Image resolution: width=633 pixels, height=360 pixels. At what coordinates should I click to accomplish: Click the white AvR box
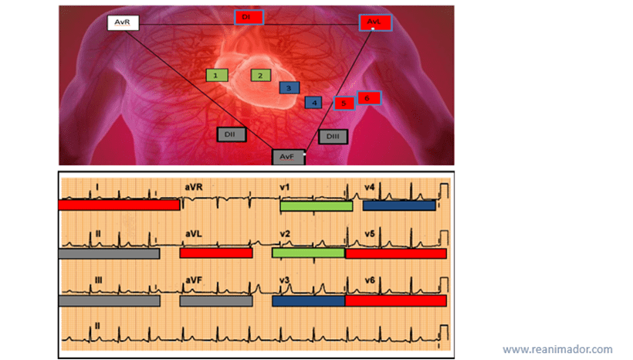tap(122, 22)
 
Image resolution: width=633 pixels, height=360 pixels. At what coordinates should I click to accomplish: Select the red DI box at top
tap(249, 17)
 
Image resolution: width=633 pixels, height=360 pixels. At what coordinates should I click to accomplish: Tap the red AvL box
tap(375, 23)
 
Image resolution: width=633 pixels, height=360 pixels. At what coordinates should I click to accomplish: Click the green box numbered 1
tap(217, 75)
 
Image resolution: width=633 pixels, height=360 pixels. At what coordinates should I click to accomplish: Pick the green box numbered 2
tap(261, 75)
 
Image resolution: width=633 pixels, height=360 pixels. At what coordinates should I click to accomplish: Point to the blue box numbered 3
tap(289, 88)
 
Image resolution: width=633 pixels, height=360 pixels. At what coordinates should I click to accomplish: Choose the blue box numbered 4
tap(313, 102)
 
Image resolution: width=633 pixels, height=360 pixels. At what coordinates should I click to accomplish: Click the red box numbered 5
tap(344, 103)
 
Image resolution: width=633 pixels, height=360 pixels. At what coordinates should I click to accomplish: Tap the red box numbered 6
tap(369, 98)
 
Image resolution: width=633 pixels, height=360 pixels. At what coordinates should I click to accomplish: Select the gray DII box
tap(231, 134)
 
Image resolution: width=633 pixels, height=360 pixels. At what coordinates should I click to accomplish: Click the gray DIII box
tap(333, 137)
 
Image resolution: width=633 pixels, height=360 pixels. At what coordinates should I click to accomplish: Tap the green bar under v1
tap(316, 206)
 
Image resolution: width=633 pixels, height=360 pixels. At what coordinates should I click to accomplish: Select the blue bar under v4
tap(398, 206)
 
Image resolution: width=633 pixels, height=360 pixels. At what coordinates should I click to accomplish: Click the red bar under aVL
tap(216, 253)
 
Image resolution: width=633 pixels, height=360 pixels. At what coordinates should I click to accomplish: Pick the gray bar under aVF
tap(216, 301)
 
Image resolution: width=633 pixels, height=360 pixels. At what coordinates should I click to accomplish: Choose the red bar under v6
tap(395, 301)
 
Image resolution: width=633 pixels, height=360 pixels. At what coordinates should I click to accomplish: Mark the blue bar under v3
tap(309, 301)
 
